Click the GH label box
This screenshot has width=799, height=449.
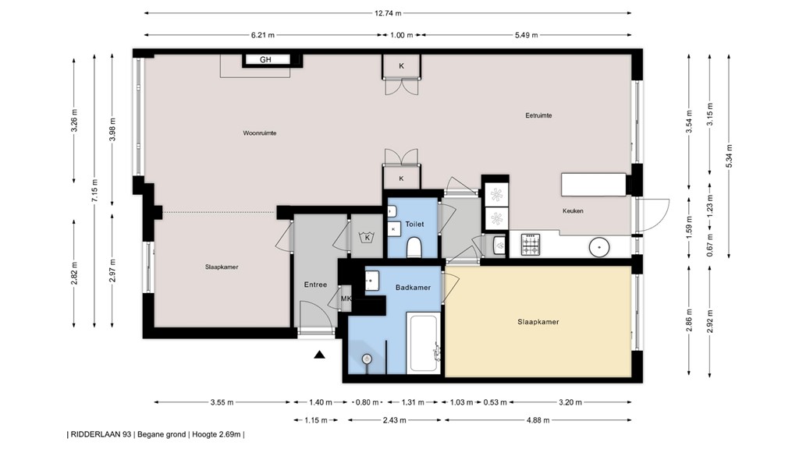pos(265,59)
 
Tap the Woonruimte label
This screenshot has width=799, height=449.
pos(260,133)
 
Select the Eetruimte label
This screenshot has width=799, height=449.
pos(538,115)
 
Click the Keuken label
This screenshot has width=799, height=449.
pos(573,210)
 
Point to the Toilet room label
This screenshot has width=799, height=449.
pos(414,224)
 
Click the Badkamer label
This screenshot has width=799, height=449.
pos(414,287)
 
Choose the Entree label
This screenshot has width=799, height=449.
pos(315,285)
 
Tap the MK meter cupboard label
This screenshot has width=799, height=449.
pos(346,299)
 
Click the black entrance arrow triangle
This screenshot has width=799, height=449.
pos(319,355)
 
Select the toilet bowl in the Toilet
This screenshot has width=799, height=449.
pos(414,248)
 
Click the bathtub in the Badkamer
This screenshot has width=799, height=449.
pos(423,343)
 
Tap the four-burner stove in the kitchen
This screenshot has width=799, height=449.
pos(530,244)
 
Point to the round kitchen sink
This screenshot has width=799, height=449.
pos(599,247)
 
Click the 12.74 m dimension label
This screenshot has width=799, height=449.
pos(388,13)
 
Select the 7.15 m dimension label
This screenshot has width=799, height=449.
pos(94,191)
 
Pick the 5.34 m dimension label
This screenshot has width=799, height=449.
pos(729,156)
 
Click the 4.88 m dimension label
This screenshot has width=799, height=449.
pos(538,420)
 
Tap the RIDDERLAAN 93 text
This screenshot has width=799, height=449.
pos(101,434)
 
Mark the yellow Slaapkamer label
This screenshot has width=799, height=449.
pos(538,322)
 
